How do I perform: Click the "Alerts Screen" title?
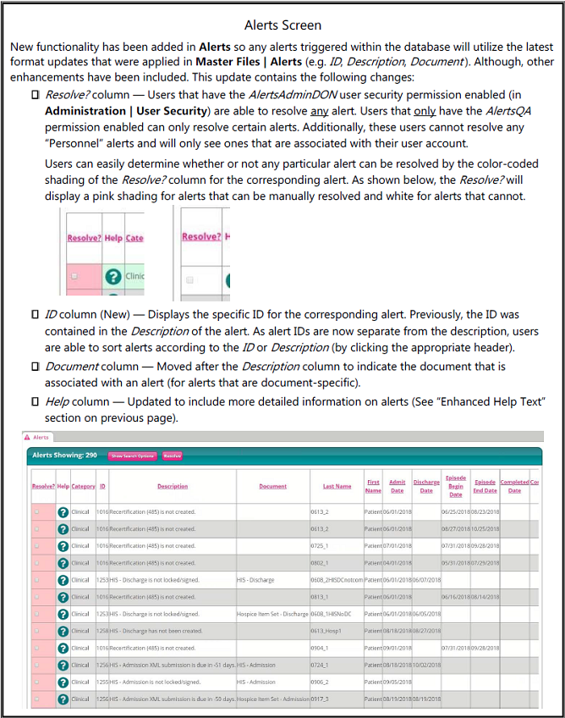(282, 25)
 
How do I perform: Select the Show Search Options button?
(132, 456)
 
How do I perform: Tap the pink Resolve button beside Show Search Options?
(173, 456)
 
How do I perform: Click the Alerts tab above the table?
(40, 437)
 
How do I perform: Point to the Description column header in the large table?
(173, 487)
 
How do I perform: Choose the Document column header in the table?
(272, 487)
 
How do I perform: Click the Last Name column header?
(337, 487)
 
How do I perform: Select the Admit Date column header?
(397, 487)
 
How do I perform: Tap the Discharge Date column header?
(426, 487)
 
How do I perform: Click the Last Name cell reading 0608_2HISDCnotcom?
(337, 580)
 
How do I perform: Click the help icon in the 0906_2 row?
(63, 682)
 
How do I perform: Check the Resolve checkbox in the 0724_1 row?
(36, 665)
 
